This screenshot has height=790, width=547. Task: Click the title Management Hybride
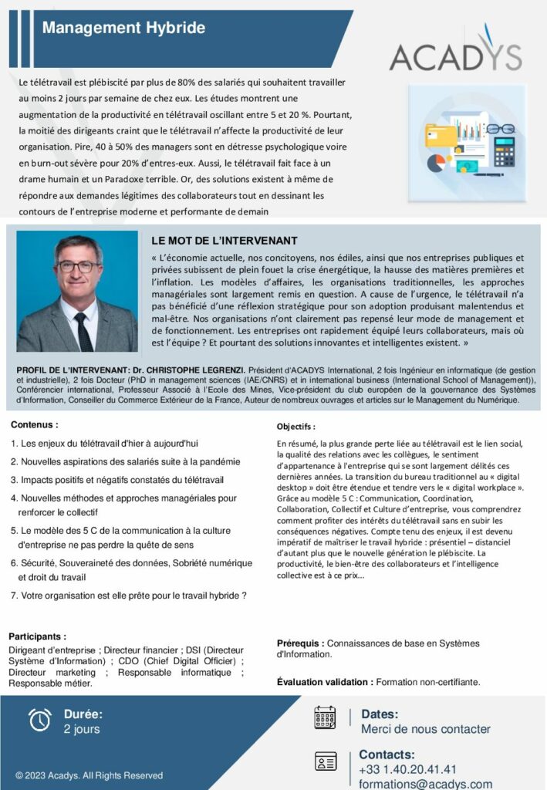pos(123,29)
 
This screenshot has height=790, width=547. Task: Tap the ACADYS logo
pos(455,53)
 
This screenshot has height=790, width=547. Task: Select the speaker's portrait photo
pos(77,292)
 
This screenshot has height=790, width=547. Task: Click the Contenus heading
pos(35,424)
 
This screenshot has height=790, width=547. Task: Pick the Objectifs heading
pos(296,427)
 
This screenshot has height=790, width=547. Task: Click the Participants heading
pos(37,636)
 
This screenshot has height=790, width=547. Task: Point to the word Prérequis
pos(300,643)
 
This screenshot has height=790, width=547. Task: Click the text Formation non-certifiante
pos(428,682)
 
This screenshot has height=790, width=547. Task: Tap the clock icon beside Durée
pos(39,719)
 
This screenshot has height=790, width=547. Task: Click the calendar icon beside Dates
pos(325,717)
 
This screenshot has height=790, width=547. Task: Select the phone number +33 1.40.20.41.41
pos(407,769)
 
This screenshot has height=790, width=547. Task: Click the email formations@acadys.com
pos(425,784)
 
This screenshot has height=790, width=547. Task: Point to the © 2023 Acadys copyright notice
pos(89,775)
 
